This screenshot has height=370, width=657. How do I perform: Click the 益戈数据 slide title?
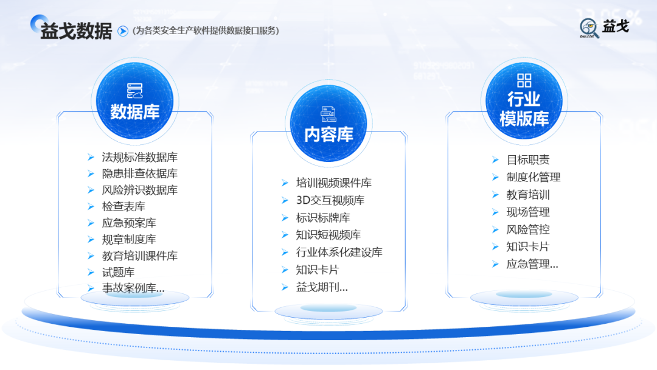pos(76,30)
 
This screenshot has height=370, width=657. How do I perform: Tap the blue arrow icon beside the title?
pos(123,30)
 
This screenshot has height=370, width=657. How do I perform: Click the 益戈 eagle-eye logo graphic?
pos(589,28)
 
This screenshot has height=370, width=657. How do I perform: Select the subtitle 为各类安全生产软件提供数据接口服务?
pos(206,30)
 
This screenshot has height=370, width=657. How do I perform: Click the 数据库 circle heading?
pos(134,112)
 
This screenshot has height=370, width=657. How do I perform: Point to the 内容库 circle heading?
pos(328,134)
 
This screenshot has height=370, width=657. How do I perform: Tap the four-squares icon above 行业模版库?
pos(524,80)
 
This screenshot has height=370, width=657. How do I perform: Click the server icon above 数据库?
pos(134,91)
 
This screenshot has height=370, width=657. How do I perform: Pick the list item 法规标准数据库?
pos(140,158)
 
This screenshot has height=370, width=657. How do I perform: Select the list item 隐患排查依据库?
pos(140,174)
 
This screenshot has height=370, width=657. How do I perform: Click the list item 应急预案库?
pos(129,223)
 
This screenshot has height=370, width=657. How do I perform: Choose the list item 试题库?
pos(119,272)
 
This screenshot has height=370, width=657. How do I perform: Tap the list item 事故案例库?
pos(133,288)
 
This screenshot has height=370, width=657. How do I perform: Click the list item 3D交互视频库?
pos(330,200)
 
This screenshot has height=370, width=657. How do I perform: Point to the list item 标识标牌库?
pos(323,217)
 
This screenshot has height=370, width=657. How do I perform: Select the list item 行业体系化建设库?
pos(339,252)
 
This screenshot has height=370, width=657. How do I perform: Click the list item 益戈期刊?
pos(322,287)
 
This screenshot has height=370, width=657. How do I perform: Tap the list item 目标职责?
pos(528,160)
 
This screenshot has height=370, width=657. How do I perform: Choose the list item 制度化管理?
pos(534,177)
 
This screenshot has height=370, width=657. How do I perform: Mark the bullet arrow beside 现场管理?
pos(495,212)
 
